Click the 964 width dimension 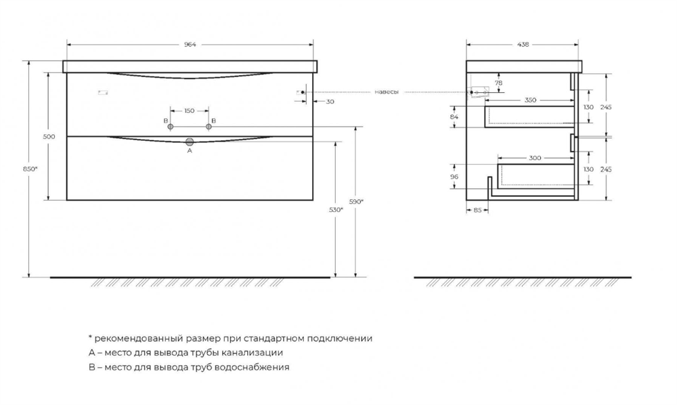[x=190, y=45]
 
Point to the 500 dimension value [x=49, y=137]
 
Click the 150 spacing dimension [x=190, y=110]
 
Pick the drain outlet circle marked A [x=190, y=142]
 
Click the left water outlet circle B [x=171, y=127]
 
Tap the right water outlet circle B [x=209, y=127]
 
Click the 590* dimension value [x=357, y=201]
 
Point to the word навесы [x=387, y=91]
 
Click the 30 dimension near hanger [x=330, y=102]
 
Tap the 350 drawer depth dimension [x=530, y=100]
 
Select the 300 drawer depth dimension [x=535, y=158]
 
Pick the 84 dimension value [x=454, y=117]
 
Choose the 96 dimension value [x=454, y=177]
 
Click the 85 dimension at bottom [x=477, y=210]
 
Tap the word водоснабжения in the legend [x=256, y=367]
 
